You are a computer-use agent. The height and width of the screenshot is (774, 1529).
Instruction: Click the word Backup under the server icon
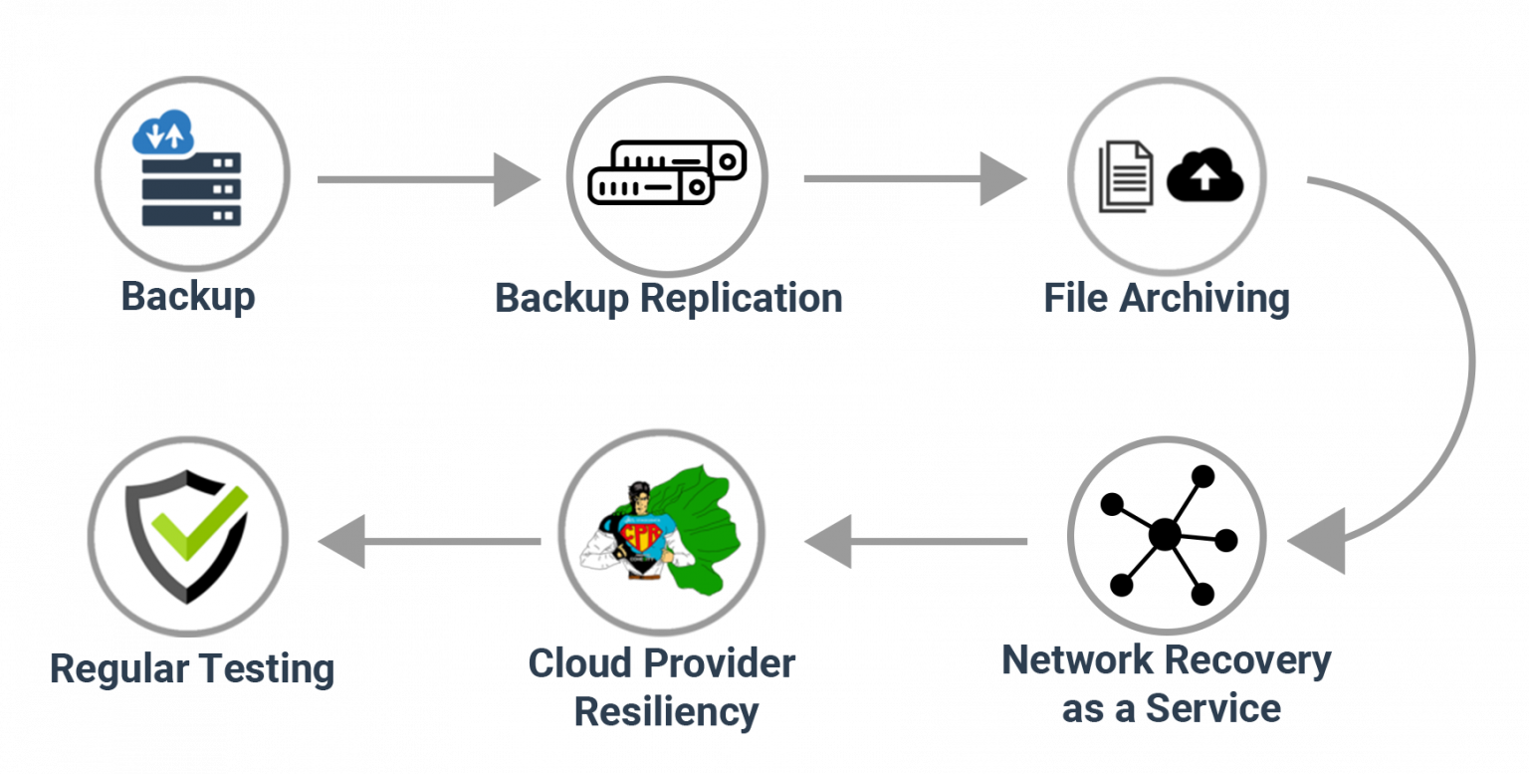187,297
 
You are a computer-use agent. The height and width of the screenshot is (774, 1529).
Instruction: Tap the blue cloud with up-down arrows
163,133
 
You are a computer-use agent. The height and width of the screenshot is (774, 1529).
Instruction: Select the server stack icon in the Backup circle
191,189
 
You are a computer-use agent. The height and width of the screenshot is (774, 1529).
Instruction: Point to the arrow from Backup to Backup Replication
428,179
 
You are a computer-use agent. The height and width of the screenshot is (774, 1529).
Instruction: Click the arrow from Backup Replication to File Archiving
914,179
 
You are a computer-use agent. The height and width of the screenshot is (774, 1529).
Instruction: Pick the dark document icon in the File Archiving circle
1126,176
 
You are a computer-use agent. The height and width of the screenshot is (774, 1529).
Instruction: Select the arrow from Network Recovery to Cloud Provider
916,542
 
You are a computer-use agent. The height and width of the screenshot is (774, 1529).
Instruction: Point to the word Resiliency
666,712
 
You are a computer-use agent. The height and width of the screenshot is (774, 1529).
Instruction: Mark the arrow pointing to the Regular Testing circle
428,542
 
